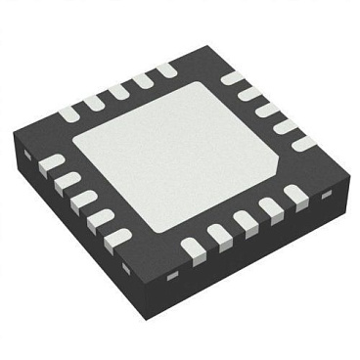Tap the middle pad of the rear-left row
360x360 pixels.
[118, 91]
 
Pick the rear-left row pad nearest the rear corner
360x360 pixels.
[163, 69]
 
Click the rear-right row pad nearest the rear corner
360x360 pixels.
[233, 77]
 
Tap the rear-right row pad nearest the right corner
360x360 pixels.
[304, 143]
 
